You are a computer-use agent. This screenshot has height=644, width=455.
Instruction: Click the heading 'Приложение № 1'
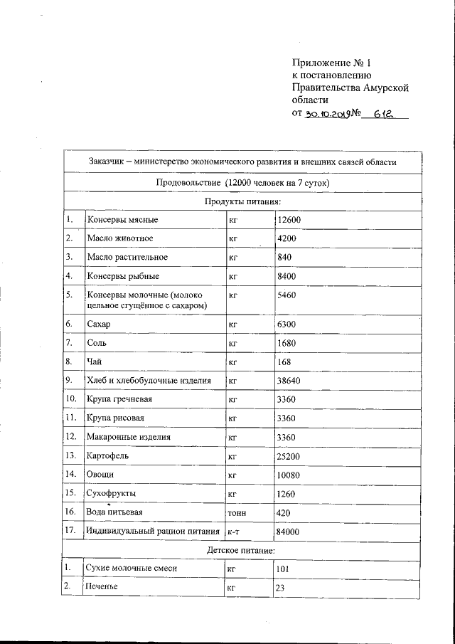(332, 62)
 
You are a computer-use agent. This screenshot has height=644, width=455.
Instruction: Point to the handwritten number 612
(378, 113)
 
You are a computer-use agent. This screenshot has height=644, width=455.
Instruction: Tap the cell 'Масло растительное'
(127, 257)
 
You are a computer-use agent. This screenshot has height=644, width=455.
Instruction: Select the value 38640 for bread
(289, 381)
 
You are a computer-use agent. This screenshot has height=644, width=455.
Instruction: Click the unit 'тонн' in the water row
(237, 512)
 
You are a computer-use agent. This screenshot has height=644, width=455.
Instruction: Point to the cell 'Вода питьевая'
(115, 512)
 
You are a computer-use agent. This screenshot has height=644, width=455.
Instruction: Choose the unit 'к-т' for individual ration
(232, 532)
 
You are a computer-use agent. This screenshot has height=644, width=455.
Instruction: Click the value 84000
(289, 532)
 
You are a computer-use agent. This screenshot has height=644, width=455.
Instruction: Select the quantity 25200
(289, 455)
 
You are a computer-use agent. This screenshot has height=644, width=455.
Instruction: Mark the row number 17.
(70, 530)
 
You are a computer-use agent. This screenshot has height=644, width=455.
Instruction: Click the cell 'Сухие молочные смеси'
(130, 569)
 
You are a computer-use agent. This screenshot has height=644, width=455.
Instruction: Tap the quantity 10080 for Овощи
(289, 473)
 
